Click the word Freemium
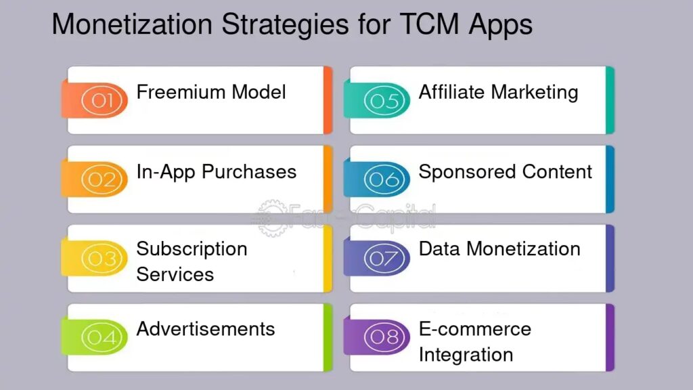(181, 92)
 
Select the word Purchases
(249, 171)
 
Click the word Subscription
(192, 250)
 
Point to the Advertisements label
(206, 329)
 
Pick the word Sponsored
(467, 173)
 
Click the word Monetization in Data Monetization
(523, 249)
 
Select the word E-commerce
(475, 329)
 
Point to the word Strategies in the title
(285, 25)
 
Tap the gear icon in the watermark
(273, 218)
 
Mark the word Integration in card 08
(466, 355)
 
